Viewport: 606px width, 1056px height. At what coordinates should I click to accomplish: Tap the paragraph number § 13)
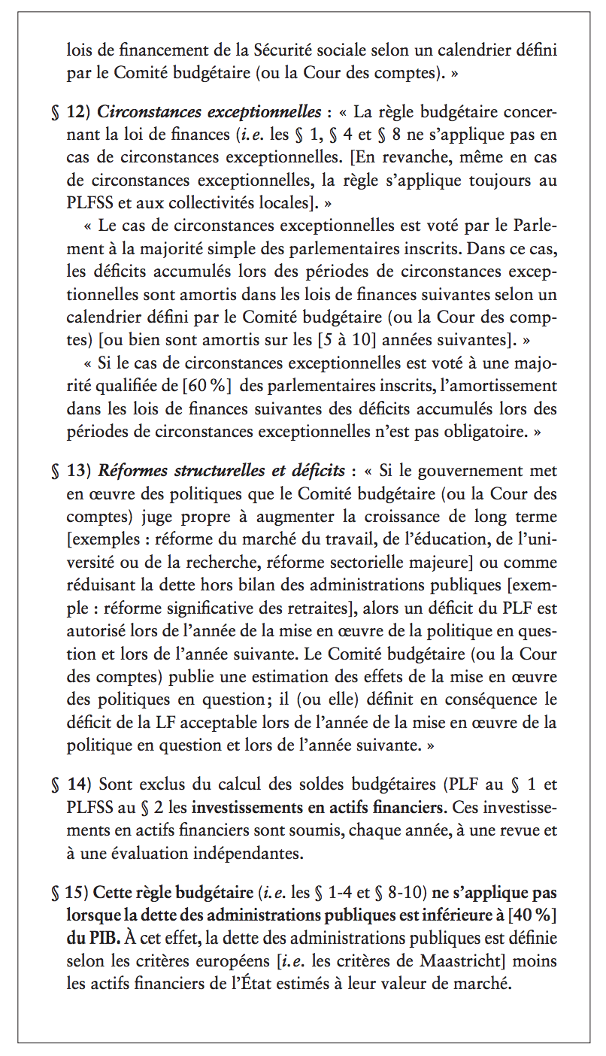coord(71,472)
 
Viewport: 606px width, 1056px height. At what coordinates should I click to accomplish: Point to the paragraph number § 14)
coord(71,784)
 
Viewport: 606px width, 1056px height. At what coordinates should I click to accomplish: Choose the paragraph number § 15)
coord(71,894)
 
